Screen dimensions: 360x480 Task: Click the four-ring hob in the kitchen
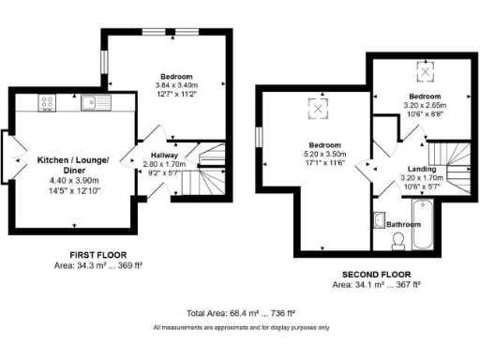coord(46,102)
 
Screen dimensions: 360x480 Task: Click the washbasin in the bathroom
coord(379,222)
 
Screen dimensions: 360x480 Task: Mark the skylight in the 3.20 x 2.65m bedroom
coord(425,69)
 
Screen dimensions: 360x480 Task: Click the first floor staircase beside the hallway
coord(212,170)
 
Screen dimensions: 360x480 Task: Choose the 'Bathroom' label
coord(404,224)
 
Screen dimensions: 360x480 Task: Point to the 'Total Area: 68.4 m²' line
coord(241,312)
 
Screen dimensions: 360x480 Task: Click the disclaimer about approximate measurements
coord(241,327)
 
